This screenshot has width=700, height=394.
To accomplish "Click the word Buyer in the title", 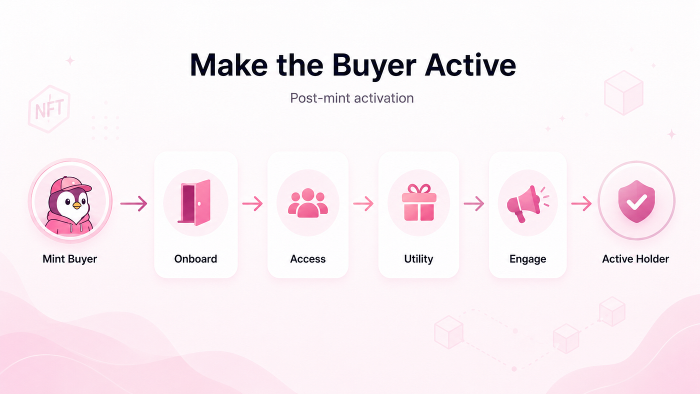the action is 374,66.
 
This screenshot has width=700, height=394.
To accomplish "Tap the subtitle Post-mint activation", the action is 352,98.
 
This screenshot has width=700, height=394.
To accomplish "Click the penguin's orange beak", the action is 76,205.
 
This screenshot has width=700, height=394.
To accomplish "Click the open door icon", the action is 195,202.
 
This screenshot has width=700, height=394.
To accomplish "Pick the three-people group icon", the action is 308,203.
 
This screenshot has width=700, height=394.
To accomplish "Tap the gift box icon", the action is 419,202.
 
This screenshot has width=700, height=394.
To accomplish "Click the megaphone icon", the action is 527,203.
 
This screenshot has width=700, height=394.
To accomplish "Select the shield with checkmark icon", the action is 636,201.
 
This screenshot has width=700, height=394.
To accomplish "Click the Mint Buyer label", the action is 69,259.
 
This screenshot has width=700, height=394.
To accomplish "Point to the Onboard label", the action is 195,259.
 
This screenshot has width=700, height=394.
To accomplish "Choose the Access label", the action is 308,259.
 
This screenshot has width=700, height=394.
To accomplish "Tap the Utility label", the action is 418,259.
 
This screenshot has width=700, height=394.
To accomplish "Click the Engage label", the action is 528,259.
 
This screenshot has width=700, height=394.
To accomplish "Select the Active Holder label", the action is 635,259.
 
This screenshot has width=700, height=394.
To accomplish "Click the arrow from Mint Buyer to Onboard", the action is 134,203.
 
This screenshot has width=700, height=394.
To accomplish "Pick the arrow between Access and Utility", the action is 363,203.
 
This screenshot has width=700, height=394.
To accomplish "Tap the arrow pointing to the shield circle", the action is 581,203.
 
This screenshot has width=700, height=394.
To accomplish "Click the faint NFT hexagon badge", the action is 49,108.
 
